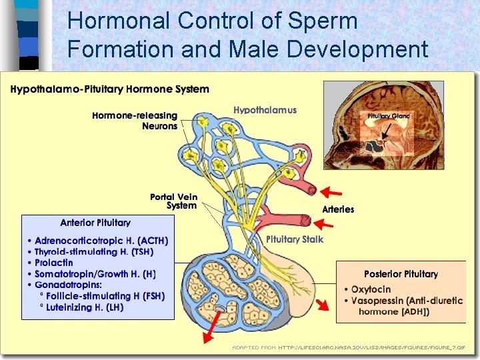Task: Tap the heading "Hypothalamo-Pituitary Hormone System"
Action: tap(110, 89)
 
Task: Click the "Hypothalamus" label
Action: tap(265, 110)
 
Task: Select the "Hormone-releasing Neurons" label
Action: tap(135, 121)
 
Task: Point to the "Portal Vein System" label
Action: tap(173, 201)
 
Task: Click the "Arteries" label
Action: tap(338, 209)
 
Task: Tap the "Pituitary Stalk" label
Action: tap(295, 239)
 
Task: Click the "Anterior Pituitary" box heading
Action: tap(95, 223)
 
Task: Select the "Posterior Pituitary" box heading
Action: tap(401, 274)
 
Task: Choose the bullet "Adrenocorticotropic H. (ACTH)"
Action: tap(101, 241)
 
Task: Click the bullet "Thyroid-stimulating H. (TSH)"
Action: tap(93, 252)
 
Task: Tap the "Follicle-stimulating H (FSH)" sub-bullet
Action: tap(104, 296)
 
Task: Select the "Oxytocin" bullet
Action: tap(371, 289)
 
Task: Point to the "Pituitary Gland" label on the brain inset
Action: tap(389, 116)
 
